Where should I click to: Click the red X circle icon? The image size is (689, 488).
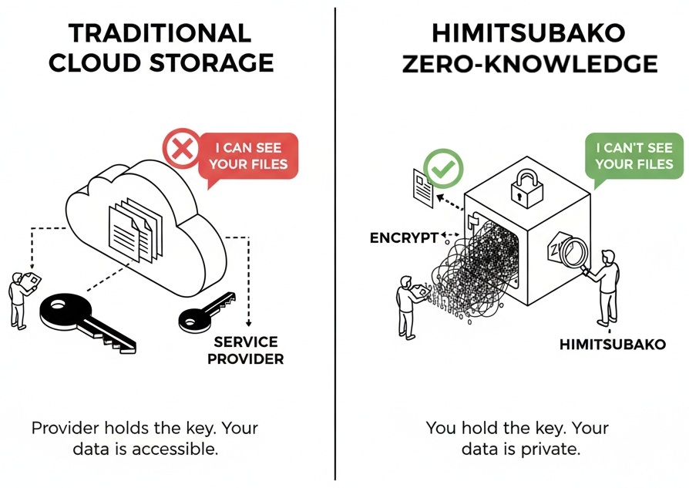(x=182, y=148)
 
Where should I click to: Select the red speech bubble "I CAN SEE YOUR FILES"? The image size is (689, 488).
(x=248, y=155)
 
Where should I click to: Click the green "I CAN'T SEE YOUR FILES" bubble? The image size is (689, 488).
(x=634, y=155)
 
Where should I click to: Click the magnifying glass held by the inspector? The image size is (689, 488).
(x=571, y=252)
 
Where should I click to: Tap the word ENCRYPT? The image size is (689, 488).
(x=404, y=237)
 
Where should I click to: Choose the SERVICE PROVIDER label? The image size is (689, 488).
(x=246, y=350)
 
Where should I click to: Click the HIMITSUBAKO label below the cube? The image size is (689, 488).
(x=612, y=344)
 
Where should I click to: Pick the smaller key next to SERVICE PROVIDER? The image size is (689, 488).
(x=204, y=310)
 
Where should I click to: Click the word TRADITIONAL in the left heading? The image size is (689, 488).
(x=160, y=33)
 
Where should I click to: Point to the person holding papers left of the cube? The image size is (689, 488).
(x=407, y=305)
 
